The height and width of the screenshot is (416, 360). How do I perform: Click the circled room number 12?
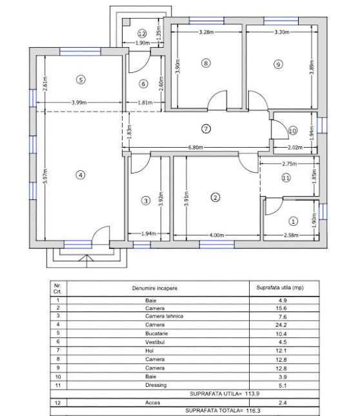tap(142, 34)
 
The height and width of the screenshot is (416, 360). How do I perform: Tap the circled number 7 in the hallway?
tap(206, 129)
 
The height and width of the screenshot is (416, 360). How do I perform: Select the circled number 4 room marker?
tap(81, 175)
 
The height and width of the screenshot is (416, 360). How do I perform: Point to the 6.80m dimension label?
tap(195, 147)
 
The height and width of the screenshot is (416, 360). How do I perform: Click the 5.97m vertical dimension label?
tap(46, 176)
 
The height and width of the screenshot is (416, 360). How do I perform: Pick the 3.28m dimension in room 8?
tap(206, 32)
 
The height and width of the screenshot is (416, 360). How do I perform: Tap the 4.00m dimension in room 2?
tap(217, 235)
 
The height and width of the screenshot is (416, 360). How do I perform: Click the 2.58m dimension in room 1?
tap(291, 235)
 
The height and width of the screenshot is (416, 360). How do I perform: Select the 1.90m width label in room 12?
tap(143, 43)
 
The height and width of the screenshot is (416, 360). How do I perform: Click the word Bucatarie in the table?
tap(157, 333)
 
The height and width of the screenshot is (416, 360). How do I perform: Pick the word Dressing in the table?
tap(156, 385)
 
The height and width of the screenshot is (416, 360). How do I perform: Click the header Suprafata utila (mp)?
tap(280, 288)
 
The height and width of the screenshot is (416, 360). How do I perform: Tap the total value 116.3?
tap(253, 410)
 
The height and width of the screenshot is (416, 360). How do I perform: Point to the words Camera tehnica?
tap(165, 316)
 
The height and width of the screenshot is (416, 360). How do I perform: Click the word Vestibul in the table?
tap(155, 342)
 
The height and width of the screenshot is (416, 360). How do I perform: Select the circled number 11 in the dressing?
tap(286, 177)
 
